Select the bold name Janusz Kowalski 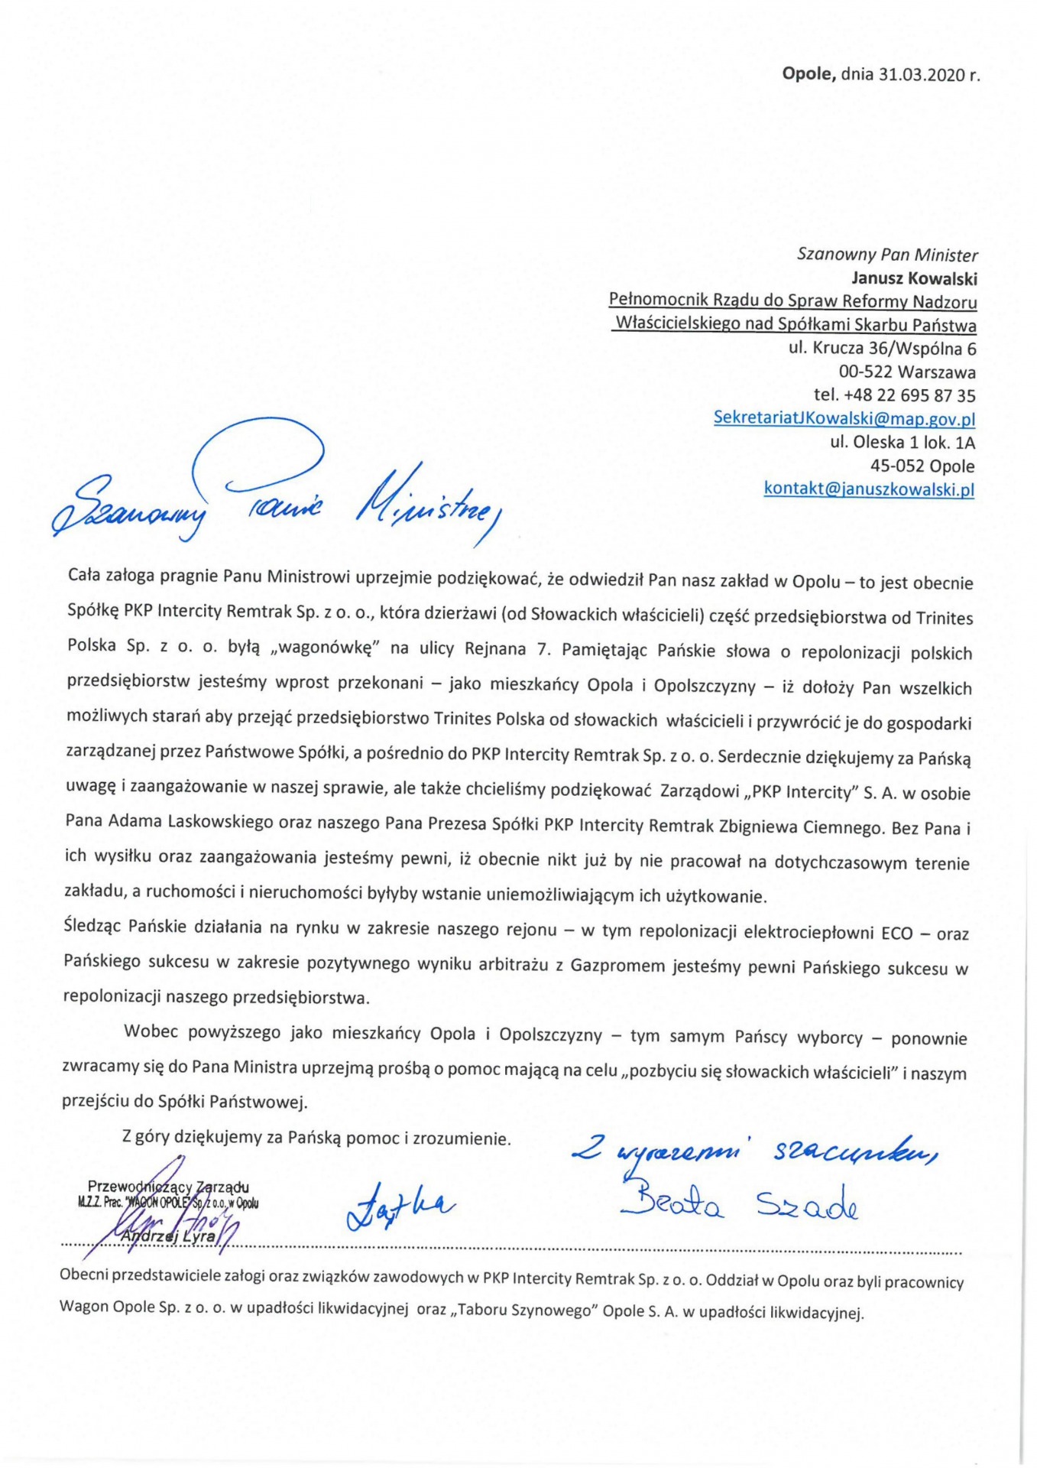coord(915,278)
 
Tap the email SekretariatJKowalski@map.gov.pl coord(844,418)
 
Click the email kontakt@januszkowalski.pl coord(869,489)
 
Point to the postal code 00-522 coord(866,372)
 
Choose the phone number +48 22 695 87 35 coord(909,395)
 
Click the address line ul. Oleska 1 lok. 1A coord(903,442)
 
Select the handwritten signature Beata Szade coord(738,1205)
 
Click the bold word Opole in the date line coord(808,74)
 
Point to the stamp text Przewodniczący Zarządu coord(168,1187)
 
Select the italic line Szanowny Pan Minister coord(886,255)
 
